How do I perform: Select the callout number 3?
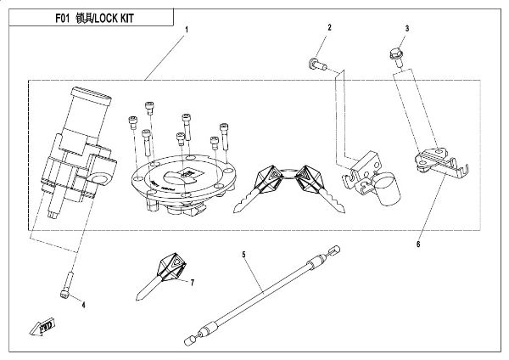coord(406,29)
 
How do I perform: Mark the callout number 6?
coord(418,244)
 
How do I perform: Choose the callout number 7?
coord(193,281)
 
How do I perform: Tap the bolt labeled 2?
coord(316,62)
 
